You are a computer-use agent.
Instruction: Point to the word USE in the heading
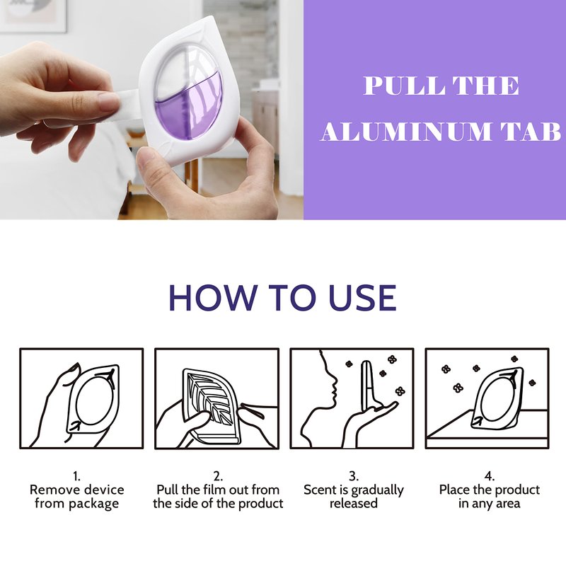pos(363,297)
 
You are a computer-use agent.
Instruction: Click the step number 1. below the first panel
pos(76,476)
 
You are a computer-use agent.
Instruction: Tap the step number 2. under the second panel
pos(218,476)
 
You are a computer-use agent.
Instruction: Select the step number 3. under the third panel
pos(354,476)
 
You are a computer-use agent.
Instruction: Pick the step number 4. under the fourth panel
pos(490,476)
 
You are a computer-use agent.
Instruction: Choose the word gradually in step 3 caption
pos(377,490)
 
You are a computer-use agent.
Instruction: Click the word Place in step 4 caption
pos(454,490)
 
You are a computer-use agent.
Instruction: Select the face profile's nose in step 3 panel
pos(335,381)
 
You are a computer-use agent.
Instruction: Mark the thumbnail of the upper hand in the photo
pos(108,102)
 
